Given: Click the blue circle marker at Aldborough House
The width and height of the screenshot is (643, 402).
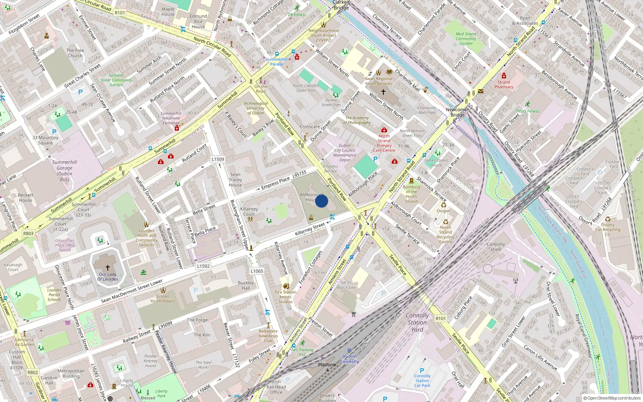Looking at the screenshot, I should click(x=321, y=201).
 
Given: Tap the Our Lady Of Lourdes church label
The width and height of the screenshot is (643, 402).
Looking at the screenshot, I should click(x=108, y=277).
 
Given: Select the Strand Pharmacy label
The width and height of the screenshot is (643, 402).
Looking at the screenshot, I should click(x=504, y=84).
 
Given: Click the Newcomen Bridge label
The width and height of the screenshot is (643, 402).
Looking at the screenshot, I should click(x=458, y=112).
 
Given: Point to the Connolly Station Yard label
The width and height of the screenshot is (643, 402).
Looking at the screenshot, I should click(x=417, y=322).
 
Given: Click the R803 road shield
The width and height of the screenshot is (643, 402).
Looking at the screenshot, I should click(x=29, y=233).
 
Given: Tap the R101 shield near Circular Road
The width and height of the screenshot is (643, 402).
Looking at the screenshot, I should click(x=120, y=13).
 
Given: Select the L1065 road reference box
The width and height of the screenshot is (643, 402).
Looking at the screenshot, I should click(x=257, y=271).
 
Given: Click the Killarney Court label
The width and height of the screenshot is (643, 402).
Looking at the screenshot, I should click(x=249, y=211).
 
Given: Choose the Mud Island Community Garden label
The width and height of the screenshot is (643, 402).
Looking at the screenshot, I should click(x=466, y=39).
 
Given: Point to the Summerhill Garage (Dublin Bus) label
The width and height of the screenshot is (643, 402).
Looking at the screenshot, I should click(x=64, y=171).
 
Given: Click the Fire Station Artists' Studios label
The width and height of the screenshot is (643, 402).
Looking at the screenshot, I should click(x=286, y=297).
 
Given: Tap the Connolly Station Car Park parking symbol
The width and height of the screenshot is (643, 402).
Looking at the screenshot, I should click(x=422, y=371).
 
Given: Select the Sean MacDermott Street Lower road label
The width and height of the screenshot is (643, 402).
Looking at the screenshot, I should click(x=132, y=291).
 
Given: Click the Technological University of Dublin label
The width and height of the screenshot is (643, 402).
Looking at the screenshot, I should click(x=256, y=108).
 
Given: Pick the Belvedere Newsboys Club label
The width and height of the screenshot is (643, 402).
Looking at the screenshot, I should click(x=268, y=336).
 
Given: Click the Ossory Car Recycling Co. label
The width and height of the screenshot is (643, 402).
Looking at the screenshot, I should click(x=608, y=230).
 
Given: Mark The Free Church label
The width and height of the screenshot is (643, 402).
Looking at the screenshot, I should click(x=75, y=53).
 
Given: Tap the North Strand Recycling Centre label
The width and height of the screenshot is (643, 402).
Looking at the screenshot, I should click(x=445, y=234).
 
